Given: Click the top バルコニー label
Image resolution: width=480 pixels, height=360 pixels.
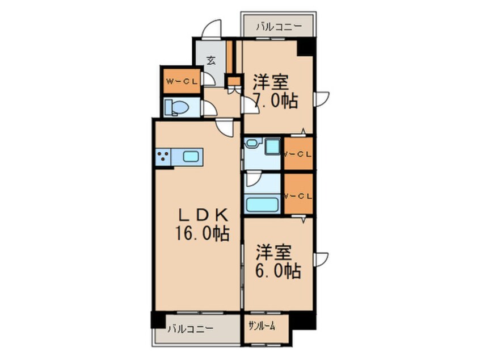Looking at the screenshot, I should (276, 26).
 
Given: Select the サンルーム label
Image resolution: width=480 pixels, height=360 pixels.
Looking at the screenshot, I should (263, 325).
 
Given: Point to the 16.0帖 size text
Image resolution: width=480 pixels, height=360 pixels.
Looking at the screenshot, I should (202, 233).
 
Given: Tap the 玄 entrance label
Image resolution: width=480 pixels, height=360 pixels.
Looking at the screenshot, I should (210, 60).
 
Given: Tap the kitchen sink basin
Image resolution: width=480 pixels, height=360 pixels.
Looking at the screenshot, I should (192, 156).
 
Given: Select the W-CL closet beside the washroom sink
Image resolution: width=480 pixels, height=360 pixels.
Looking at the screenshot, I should (298, 153).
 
